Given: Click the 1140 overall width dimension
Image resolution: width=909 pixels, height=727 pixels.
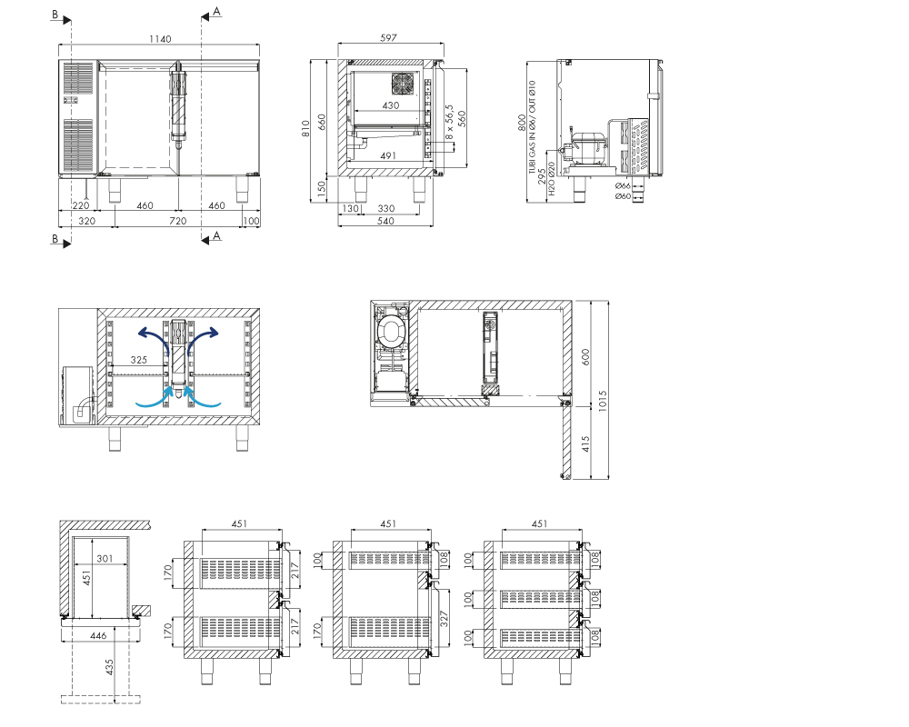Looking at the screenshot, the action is (x=160, y=39).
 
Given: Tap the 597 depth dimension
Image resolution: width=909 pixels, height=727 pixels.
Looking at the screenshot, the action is (x=388, y=37).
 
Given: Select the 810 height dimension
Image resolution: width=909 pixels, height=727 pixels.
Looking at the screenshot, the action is (x=305, y=129).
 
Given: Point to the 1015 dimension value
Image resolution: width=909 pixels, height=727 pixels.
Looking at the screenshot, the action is (x=603, y=401).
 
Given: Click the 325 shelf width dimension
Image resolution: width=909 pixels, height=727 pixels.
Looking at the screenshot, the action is (x=138, y=360).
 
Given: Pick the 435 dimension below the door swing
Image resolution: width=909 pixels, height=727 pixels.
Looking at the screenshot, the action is (x=109, y=667).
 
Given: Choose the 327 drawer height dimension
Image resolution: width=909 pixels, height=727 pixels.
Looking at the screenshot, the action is (x=445, y=619).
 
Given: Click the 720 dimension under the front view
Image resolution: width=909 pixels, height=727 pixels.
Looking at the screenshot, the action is (x=177, y=221).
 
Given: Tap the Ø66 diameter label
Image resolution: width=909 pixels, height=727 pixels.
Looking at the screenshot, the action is (x=623, y=186).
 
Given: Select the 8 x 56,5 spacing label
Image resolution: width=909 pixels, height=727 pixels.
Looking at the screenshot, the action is (x=449, y=122).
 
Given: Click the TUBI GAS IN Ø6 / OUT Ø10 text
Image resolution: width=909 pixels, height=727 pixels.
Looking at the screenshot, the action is (x=532, y=127).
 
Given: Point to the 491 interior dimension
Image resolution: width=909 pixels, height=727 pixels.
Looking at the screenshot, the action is (x=388, y=155).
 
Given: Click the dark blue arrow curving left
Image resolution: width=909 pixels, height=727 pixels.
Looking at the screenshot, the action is (x=153, y=335).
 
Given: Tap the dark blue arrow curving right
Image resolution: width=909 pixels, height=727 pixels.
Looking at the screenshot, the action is (x=204, y=335).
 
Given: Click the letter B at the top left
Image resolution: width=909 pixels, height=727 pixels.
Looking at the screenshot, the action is (x=55, y=15).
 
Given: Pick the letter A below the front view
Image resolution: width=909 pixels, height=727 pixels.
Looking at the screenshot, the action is (x=217, y=235).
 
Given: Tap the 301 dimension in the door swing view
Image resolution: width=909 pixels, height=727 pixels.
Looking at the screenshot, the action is (x=105, y=558).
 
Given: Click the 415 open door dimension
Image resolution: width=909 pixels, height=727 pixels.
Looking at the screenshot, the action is (x=585, y=444).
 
